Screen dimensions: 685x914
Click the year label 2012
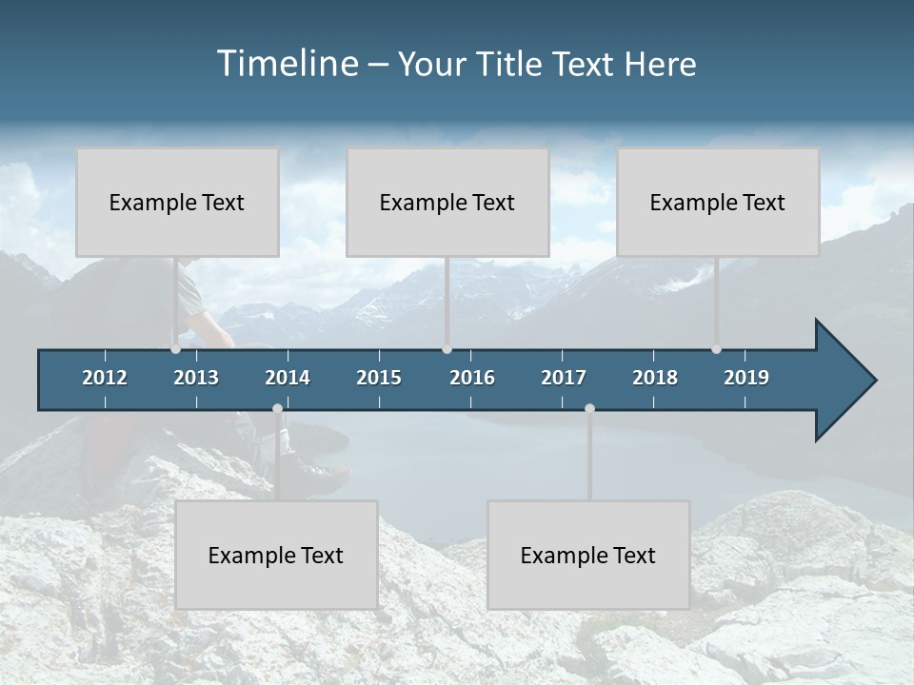coord(105,378)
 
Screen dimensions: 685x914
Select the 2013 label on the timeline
coord(196,378)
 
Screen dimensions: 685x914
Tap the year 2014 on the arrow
coord(288,378)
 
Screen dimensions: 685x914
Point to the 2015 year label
coord(379,378)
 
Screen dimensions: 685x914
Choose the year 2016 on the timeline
coord(472,378)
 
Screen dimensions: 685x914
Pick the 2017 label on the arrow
coord(564,378)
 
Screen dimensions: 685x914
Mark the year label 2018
coord(655,378)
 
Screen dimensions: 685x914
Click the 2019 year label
coord(746,378)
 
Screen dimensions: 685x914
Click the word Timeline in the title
coord(287,64)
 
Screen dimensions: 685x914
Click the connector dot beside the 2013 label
coord(175,349)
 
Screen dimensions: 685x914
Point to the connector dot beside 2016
coord(447,349)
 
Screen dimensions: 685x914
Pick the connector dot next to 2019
coord(716,349)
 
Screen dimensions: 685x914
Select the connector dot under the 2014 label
coord(277,409)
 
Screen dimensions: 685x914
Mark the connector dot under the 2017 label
coord(589,409)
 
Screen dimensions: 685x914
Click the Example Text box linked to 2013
coord(177,202)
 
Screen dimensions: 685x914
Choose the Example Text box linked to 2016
coord(447,202)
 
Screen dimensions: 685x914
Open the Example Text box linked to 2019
coord(718,202)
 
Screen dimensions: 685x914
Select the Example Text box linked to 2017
coord(588,555)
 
